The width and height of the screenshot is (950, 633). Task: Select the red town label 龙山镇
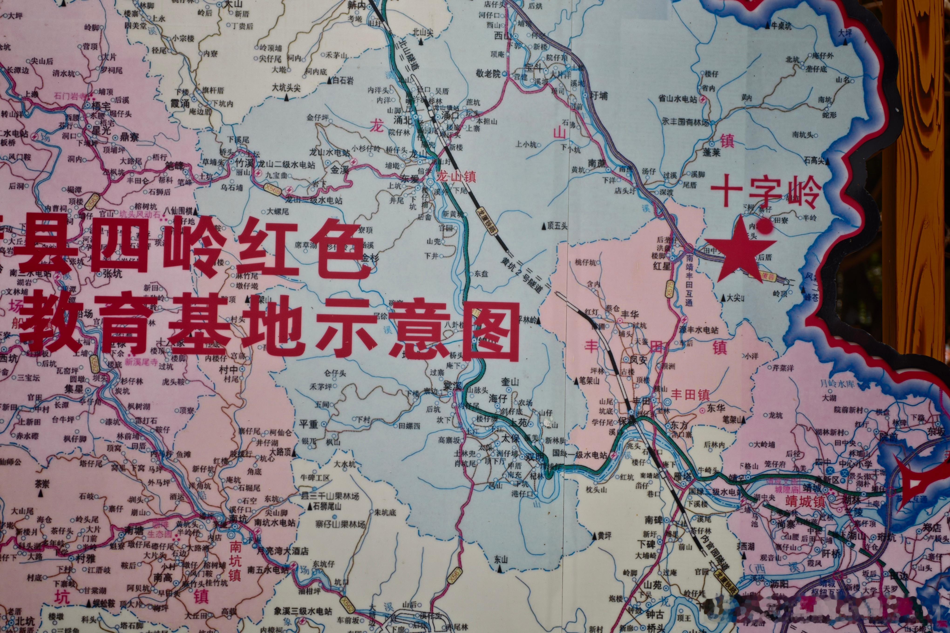pyautogui.click(x=456, y=176)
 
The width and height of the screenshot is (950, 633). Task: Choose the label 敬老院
pyautogui.click(x=488, y=74)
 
